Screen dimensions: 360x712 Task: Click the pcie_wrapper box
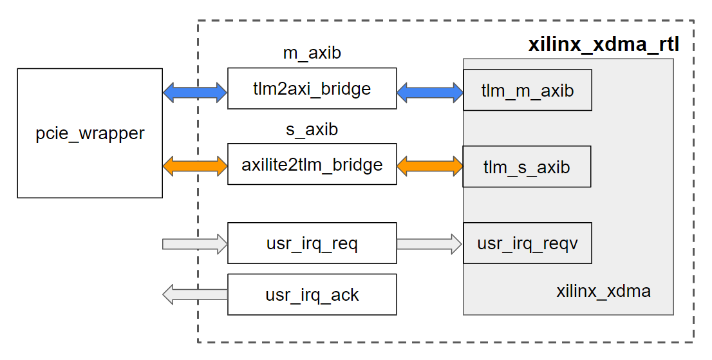coord(89,133)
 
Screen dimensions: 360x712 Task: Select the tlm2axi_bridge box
coord(312,89)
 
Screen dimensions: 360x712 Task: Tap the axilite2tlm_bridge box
coord(312,164)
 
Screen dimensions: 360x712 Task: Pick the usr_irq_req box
coord(312,243)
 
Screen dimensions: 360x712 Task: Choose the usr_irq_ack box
coord(312,295)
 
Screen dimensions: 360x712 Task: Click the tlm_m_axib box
coord(527,90)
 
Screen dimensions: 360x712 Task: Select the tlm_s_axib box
coord(527,167)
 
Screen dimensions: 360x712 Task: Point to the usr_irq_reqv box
coord(527,243)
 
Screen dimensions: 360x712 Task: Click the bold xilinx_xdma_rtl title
coord(603,45)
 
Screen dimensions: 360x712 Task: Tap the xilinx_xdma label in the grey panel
coord(603,291)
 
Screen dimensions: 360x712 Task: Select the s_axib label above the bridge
coord(312,129)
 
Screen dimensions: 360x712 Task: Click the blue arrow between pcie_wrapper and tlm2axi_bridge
coord(195,93)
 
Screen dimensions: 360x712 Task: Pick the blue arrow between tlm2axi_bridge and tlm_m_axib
coord(429,93)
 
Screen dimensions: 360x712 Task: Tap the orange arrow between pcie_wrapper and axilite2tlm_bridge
coord(195,167)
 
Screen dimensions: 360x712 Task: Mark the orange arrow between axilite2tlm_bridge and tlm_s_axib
coord(429,167)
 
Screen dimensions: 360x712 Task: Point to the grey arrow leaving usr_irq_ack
coord(195,295)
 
